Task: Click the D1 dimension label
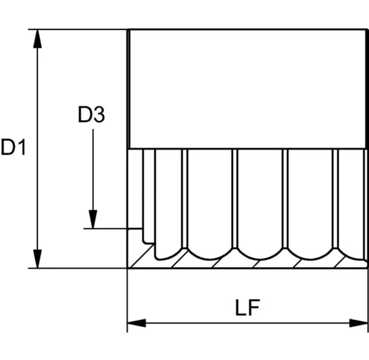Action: pyautogui.click(x=13, y=147)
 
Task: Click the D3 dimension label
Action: pyautogui.click(x=91, y=115)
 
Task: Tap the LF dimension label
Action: pyautogui.click(x=248, y=307)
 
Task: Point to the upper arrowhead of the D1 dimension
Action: pyautogui.click(x=37, y=39)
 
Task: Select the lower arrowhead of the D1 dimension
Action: pyautogui.click(x=37, y=259)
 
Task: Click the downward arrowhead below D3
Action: pyautogui.click(x=93, y=219)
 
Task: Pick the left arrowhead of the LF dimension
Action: pyautogui.click(x=136, y=323)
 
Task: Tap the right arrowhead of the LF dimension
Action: pyautogui.click(x=358, y=323)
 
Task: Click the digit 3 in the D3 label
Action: pyautogui.click(x=99, y=115)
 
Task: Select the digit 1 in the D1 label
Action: pyautogui.click(x=21, y=147)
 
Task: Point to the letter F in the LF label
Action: pyautogui.click(x=255, y=307)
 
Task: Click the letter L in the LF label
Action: pyautogui.click(x=241, y=307)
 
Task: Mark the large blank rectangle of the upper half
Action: pyautogui.click(x=247, y=89)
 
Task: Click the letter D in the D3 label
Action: pyautogui.click(x=84, y=115)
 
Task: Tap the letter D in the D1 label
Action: pyautogui.click(x=8, y=147)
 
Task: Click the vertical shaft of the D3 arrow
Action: pyautogui.click(x=93, y=170)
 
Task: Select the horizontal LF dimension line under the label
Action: pyautogui.click(x=248, y=323)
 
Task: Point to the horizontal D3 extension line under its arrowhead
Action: pyautogui.click(x=113, y=229)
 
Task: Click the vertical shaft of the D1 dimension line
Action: pyautogui.click(x=37, y=149)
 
